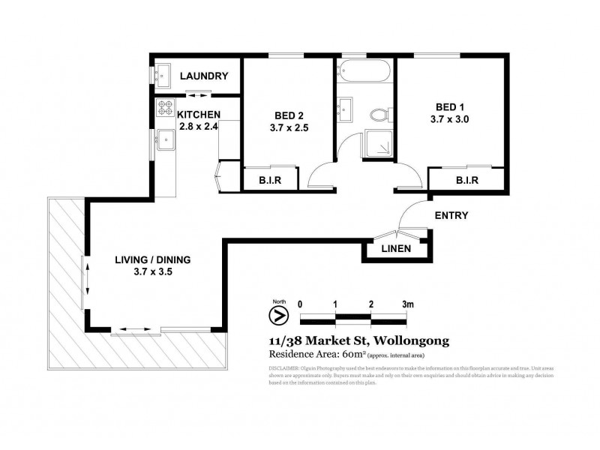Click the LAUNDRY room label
[203, 76]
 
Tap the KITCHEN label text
[198, 114]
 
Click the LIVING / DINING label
[152, 259]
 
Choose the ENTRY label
[451, 215]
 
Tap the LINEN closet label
[395, 249]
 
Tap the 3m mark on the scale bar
[407, 304]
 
